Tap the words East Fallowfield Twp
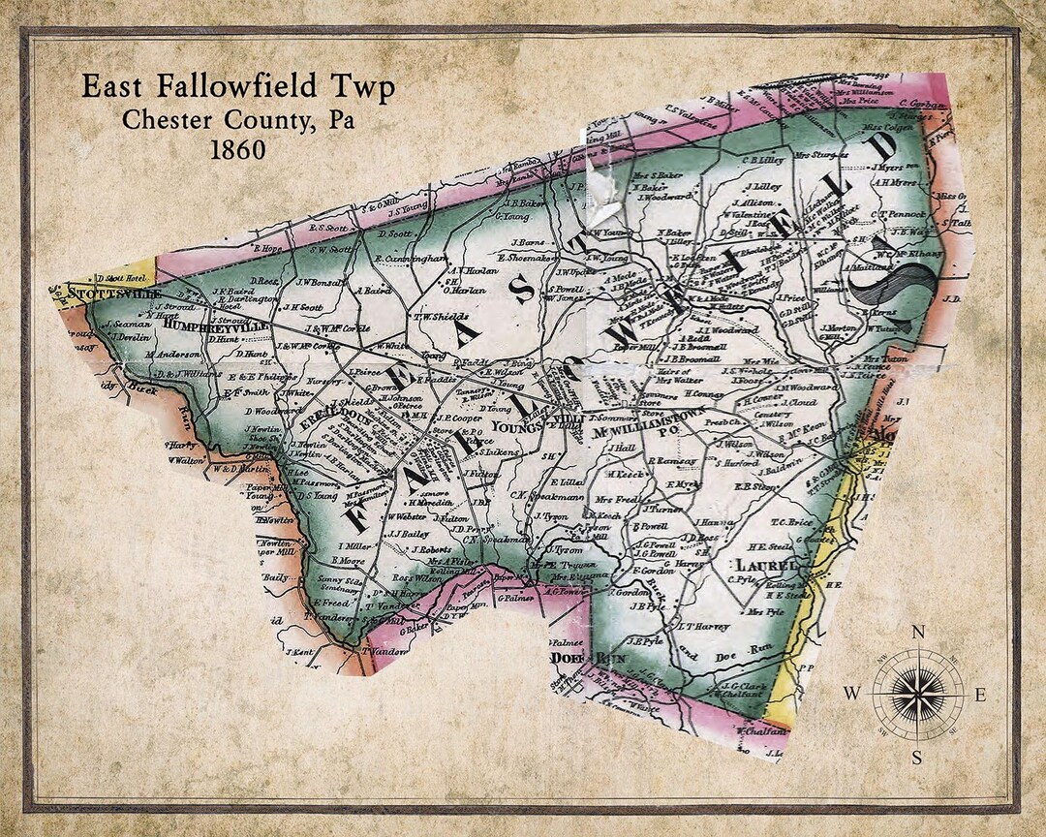(237, 88)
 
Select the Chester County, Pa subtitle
(237, 120)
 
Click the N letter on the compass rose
(918, 633)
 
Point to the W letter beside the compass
(851, 694)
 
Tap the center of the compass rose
(918, 694)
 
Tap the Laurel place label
(766, 565)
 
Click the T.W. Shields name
(441, 316)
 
